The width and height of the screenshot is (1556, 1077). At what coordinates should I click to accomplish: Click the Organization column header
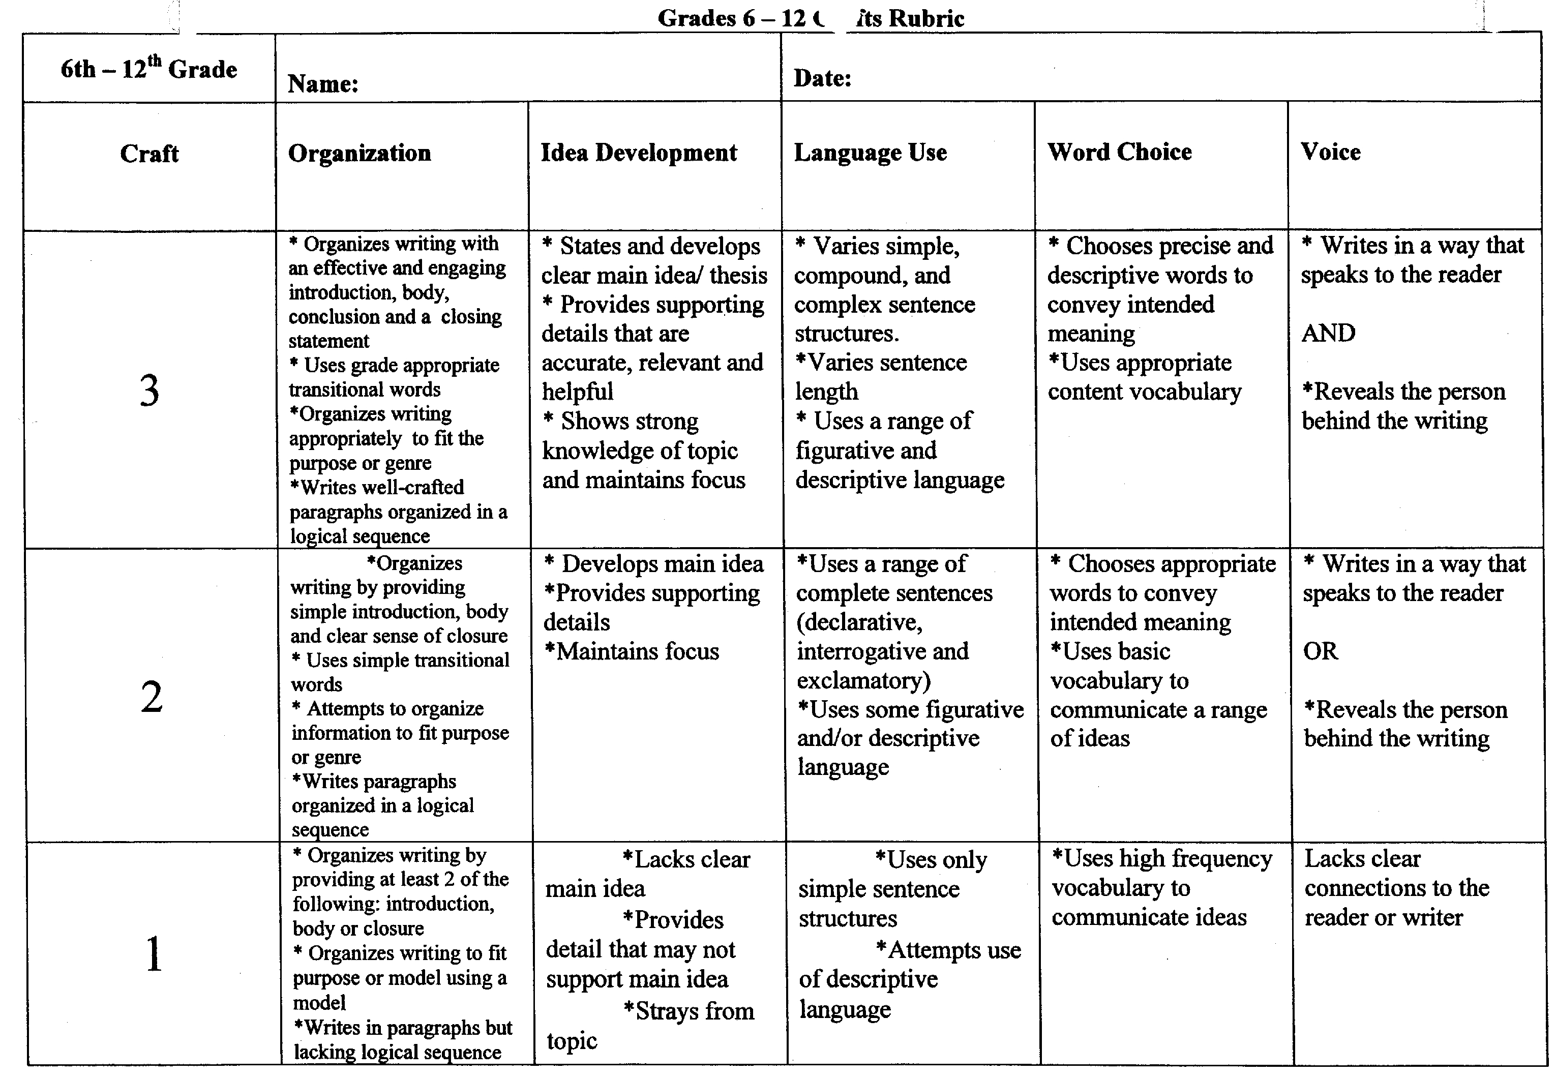[x=359, y=153]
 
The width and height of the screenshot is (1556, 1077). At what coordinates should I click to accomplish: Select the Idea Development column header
[x=638, y=153]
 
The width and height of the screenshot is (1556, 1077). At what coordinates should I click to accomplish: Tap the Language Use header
[x=870, y=153]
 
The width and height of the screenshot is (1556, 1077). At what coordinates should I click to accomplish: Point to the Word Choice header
[x=1119, y=152]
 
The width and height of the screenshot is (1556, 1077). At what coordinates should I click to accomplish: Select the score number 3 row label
[x=149, y=390]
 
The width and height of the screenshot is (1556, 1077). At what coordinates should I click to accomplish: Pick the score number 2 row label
[x=151, y=697]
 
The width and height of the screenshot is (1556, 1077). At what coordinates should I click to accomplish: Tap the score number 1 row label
[x=154, y=954]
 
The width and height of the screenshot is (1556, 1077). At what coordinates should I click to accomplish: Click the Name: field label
[x=322, y=84]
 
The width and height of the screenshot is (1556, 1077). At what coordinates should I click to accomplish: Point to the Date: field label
[x=822, y=78]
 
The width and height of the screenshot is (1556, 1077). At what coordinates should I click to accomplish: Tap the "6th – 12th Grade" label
[x=148, y=68]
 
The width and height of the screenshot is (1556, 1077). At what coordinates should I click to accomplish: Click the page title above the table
[x=810, y=18]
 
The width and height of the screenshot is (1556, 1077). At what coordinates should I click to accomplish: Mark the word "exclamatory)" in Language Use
[x=864, y=680]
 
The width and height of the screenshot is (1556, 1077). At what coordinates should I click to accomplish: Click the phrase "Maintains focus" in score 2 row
[x=637, y=651]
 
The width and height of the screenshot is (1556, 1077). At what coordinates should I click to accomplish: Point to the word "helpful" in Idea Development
[x=578, y=392]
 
